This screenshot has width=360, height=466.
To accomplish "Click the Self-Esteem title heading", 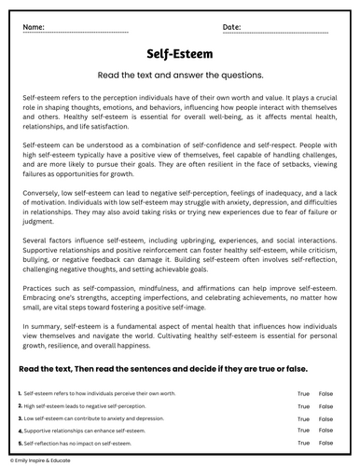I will tap(180, 54).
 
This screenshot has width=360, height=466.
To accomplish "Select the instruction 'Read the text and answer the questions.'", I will tap(180, 75).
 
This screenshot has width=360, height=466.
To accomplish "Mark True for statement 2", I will tap(303, 407).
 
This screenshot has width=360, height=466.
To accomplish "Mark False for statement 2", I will tap(325, 407).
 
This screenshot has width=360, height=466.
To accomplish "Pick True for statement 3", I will tap(303, 419).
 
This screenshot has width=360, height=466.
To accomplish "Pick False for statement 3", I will tap(325, 419).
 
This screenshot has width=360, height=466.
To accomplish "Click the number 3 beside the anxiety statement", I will tap(20, 419).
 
